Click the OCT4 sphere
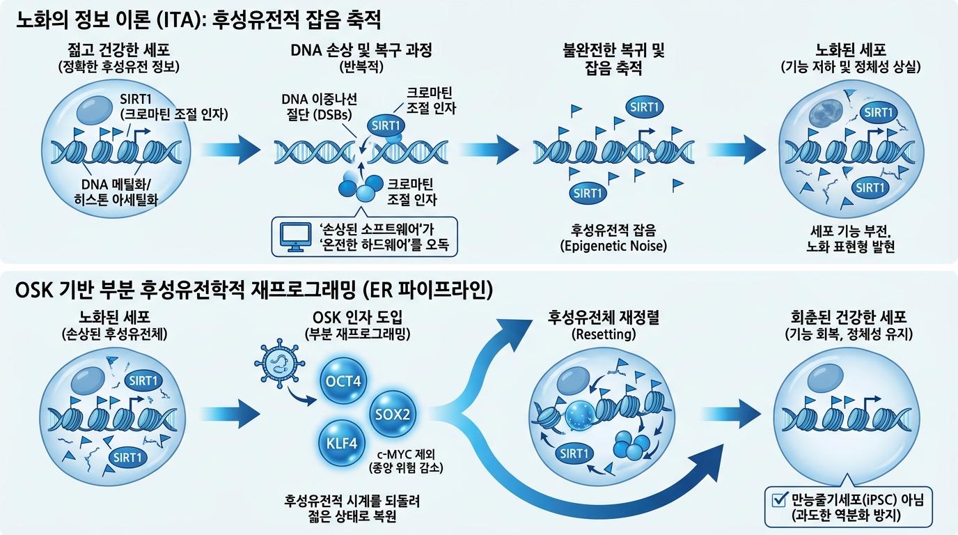coord(343,380)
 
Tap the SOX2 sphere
coord(392,414)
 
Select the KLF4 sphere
coord(342,444)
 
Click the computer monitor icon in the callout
coord(295,237)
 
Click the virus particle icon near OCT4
coord(279,364)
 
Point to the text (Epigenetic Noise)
coord(613,246)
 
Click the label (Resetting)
coord(604,334)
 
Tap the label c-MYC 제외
coord(405,453)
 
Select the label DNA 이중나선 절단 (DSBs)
coord(319,107)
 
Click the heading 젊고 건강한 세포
coord(119,50)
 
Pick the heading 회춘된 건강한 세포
coord(849,317)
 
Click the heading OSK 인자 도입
coord(358,317)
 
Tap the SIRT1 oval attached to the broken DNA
coord(386,125)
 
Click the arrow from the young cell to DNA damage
coord(230,150)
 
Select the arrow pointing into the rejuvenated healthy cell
coord(737,414)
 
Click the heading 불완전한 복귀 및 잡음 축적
coord(613,59)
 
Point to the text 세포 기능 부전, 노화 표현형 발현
coord(850,239)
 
